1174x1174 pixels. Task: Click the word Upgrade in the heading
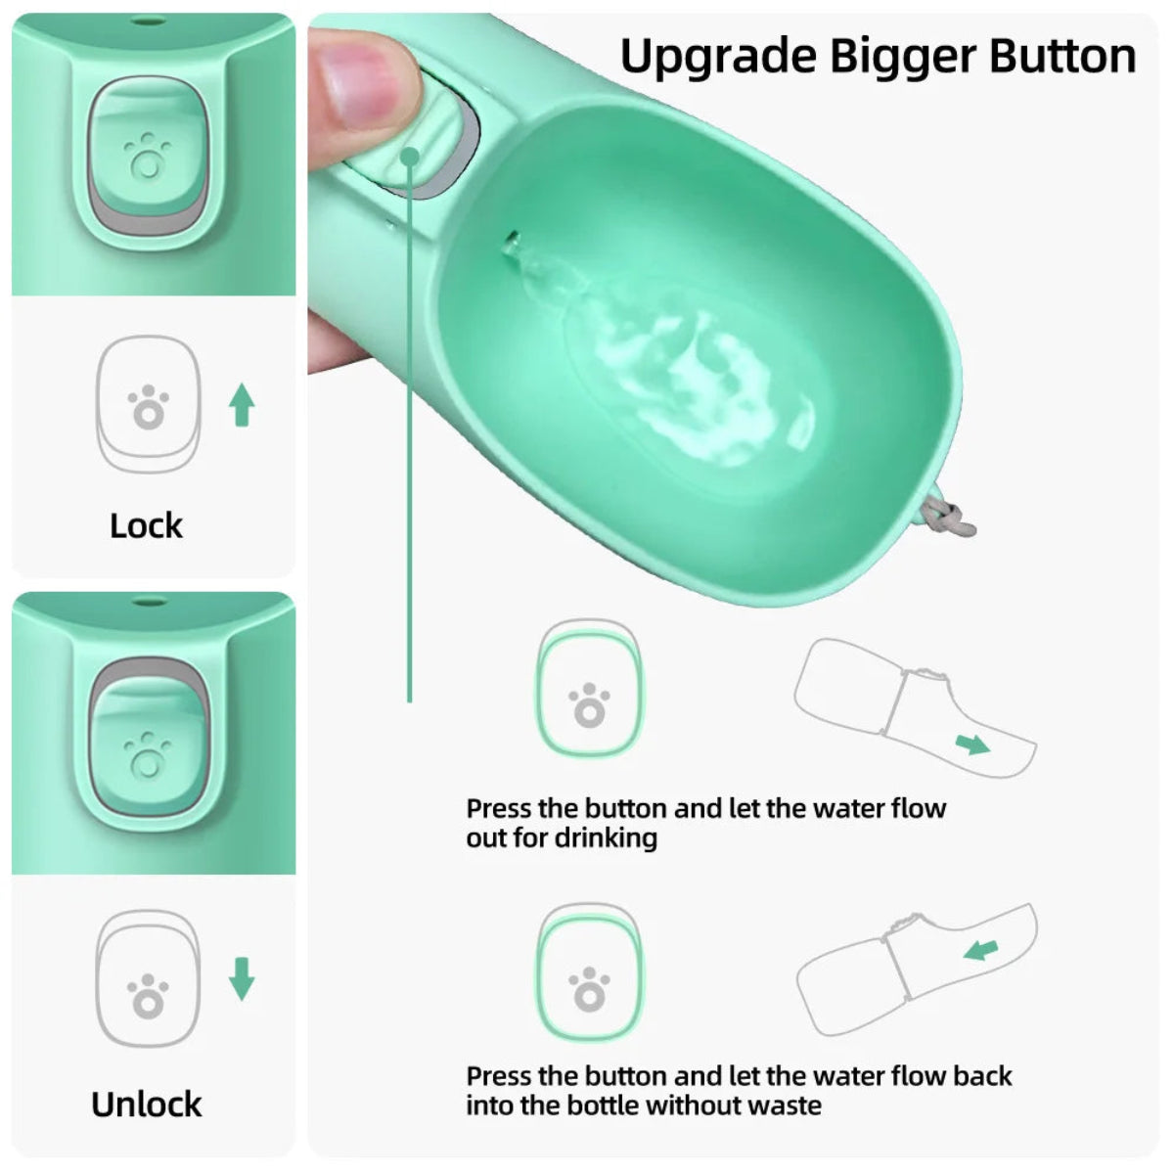[719, 57]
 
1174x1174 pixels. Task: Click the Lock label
[147, 525]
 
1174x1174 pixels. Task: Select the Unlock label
[147, 1104]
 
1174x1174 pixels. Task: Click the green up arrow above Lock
[242, 405]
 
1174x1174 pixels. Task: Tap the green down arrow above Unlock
[242, 978]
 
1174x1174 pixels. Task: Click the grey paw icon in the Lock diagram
[148, 407]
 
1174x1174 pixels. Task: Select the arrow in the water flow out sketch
[972, 746]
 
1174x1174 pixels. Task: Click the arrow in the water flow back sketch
[980, 950]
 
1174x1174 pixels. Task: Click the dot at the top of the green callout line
[410, 156]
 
